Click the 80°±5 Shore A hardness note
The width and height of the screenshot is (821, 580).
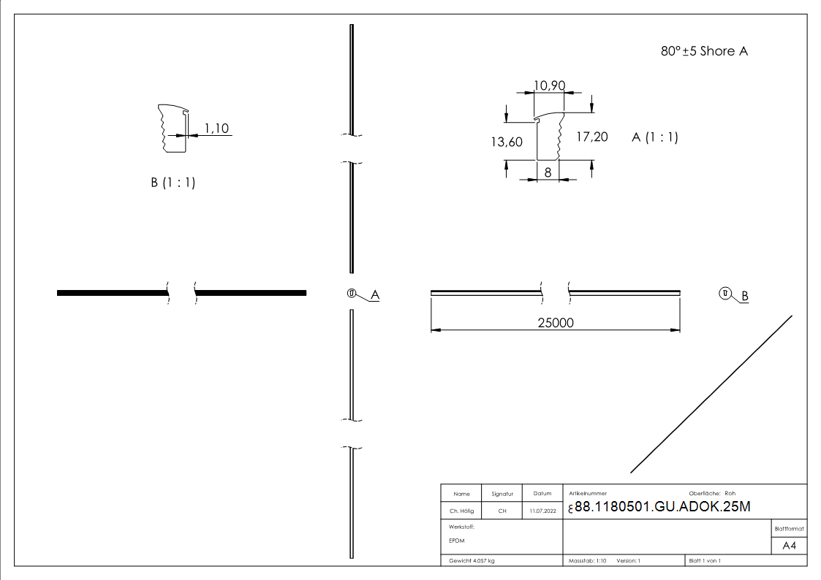[x=704, y=51]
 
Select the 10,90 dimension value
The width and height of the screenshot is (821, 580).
[x=549, y=85]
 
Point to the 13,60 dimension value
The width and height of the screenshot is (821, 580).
[x=506, y=142]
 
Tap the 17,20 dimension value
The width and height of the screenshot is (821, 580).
[x=592, y=137]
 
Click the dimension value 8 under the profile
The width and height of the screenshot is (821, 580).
[x=548, y=172]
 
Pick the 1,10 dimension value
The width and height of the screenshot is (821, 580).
[x=216, y=129]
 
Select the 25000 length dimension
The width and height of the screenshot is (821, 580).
[x=555, y=323]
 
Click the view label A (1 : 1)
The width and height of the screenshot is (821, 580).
[x=654, y=137]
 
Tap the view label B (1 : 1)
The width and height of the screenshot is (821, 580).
[x=173, y=183]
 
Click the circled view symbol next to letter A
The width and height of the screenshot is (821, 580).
[x=352, y=294]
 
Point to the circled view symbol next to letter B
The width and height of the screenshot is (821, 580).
[x=724, y=294]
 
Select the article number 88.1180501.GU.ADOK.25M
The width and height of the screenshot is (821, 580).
[x=662, y=508]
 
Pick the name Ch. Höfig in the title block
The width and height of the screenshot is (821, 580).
[x=461, y=511]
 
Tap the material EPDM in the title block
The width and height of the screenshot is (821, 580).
[x=457, y=541]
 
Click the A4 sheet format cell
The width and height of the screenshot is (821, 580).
[x=789, y=546]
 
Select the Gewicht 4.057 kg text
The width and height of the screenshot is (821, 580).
[x=472, y=561]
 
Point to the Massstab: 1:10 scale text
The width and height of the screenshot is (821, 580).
[x=588, y=561]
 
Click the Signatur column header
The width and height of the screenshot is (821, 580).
[x=502, y=494]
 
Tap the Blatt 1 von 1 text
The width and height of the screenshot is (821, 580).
[x=705, y=561]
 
